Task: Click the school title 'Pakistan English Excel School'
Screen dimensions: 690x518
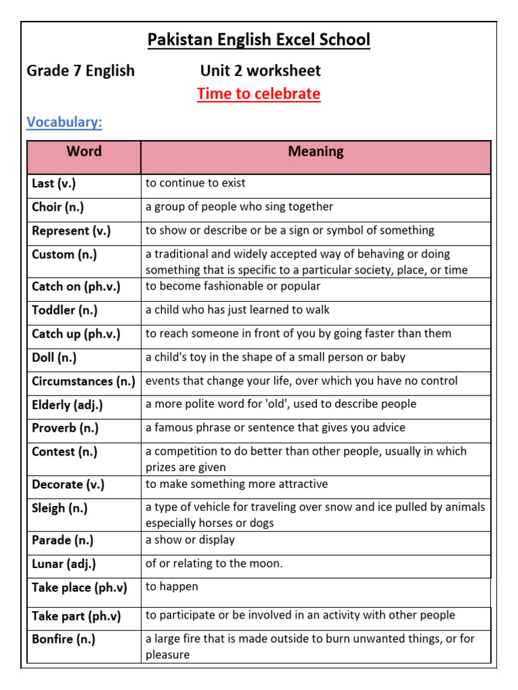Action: click(x=259, y=40)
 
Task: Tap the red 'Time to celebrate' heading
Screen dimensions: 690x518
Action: click(x=259, y=94)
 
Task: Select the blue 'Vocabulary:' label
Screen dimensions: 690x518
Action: click(x=64, y=122)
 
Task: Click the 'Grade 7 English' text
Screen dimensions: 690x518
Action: click(x=80, y=71)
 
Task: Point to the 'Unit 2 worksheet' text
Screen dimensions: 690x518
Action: click(x=260, y=71)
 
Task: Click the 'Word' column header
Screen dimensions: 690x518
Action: click(x=84, y=152)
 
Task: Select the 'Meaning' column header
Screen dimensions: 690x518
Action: click(x=316, y=152)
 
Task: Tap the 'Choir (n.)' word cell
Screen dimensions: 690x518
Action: click(x=58, y=208)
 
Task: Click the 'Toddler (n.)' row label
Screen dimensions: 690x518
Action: click(x=65, y=311)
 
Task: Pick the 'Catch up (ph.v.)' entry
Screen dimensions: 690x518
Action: click(x=76, y=334)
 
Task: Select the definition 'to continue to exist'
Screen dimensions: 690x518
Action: click(x=196, y=183)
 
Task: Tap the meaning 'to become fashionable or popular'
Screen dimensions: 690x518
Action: click(x=233, y=286)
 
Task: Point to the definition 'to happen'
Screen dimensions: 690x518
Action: click(x=172, y=587)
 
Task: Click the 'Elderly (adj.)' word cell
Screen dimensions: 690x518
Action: click(x=67, y=405)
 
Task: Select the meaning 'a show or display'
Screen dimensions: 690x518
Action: click(x=190, y=540)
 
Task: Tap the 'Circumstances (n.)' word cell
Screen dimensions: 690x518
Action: click(x=84, y=381)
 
